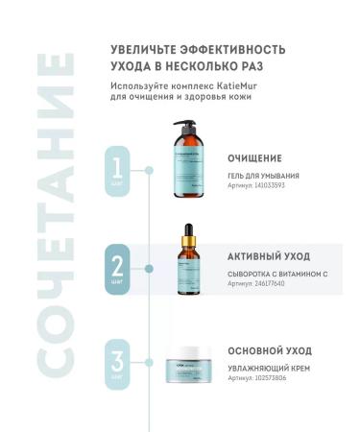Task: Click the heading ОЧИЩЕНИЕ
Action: point(254,156)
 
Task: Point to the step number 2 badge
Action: point(120,265)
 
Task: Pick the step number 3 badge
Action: point(120,365)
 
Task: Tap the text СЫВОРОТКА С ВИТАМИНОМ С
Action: point(277,275)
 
